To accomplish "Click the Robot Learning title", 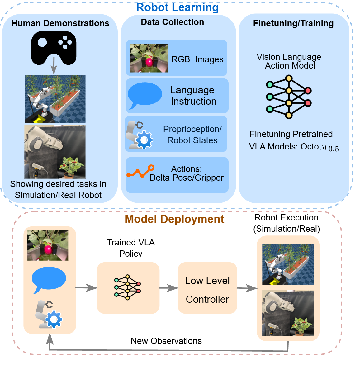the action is click(x=177, y=7).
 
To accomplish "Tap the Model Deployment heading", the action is click(x=174, y=219).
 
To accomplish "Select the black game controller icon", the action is click(x=54, y=48).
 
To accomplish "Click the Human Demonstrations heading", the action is click(x=60, y=23).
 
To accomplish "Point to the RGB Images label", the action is click(x=197, y=59).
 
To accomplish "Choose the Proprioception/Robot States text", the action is click(x=192, y=135).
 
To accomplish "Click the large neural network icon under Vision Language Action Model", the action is click(x=289, y=97).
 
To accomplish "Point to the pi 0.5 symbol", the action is click(x=330, y=148).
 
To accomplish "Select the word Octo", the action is click(x=310, y=147).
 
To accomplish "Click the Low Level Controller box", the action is click(x=207, y=288).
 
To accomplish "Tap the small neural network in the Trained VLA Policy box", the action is click(x=127, y=287).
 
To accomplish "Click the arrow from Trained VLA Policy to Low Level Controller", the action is click(x=168, y=288).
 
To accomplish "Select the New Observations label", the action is click(x=166, y=341).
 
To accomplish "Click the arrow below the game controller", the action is click(x=54, y=65).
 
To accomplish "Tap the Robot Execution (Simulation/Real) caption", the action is click(x=287, y=223).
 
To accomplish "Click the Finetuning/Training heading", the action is click(x=293, y=23).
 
